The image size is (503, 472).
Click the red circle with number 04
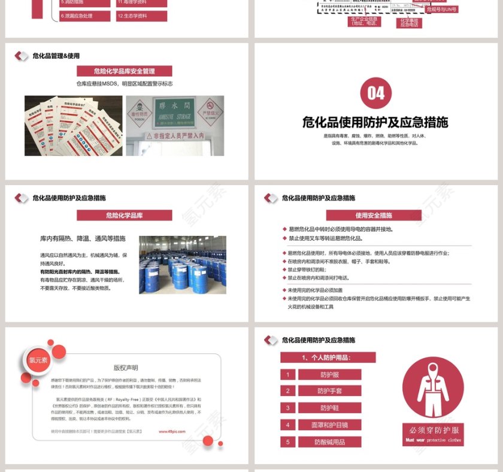pos(375,93)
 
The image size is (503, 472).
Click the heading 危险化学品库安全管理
pos(124,71)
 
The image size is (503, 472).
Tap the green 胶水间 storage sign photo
pos(174,125)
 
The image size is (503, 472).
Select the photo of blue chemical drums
pos(183,264)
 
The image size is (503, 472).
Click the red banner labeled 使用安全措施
pos(374,215)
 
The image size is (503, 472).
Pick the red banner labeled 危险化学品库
pos(124,215)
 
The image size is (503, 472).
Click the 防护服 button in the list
pos(329,374)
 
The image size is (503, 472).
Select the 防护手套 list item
pos(329,391)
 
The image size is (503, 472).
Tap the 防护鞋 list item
pos(329,408)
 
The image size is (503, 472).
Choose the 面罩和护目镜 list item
pos(329,425)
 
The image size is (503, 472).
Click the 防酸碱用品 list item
pos(329,442)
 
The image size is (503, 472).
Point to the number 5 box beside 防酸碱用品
pos(288,442)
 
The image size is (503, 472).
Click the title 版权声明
pos(126,368)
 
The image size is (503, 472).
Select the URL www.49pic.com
pos(171,431)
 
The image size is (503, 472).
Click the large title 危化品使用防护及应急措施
pos(375,123)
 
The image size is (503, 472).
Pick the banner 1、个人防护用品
pos(328,357)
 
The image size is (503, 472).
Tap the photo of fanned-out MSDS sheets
pos(72,125)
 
